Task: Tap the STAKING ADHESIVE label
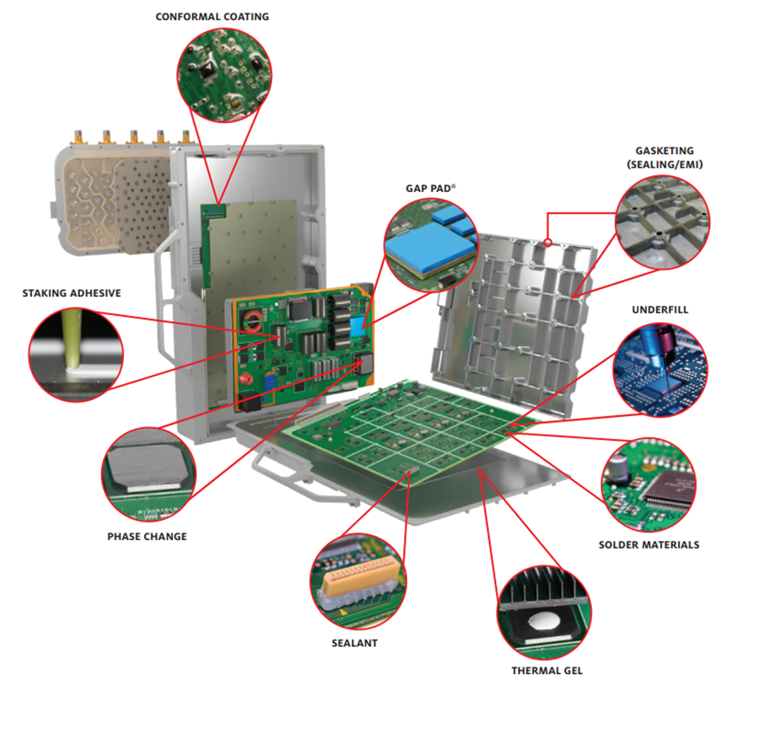point(72,293)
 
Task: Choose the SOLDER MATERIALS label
point(649,544)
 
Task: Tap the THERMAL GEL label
point(546,671)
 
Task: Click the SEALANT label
point(354,642)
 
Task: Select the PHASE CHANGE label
point(147,536)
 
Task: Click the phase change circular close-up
point(147,477)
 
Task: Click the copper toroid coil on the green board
point(251,322)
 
